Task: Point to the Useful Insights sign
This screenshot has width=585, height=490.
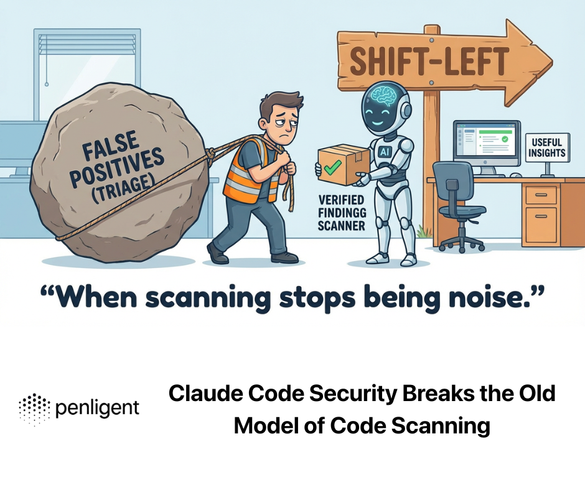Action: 546,147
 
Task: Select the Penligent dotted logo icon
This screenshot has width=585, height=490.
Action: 34,409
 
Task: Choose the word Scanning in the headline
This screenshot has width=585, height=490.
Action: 442,427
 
